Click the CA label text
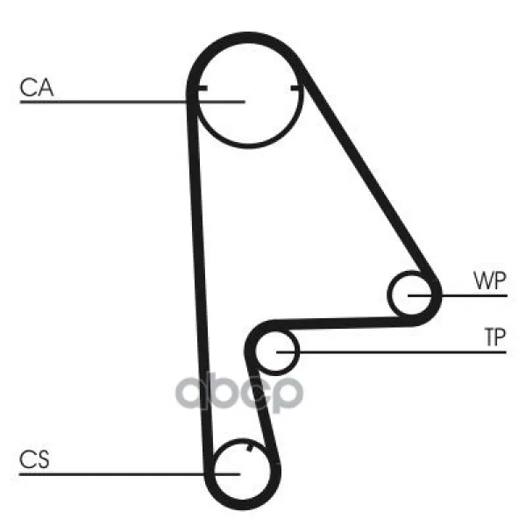(x=37, y=88)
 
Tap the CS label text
(x=34, y=459)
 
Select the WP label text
(x=489, y=281)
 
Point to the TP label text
(x=495, y=338)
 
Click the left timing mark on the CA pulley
(x=202, y=89)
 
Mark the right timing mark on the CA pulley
(x=296, y=89)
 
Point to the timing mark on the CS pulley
(x=249, y=448)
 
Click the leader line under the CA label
(x=132, y=102)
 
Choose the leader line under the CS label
(x=130, y=474)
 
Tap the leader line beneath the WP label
(x=458, y=295)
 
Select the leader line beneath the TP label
(x=391, y=352)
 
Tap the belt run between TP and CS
(x=261, y=409)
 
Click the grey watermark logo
(x=239, y=392)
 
